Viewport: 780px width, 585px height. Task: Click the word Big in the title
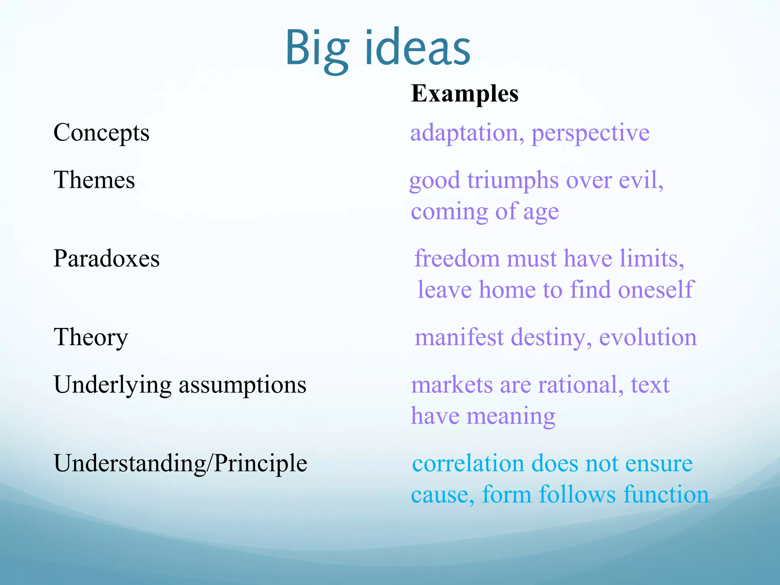click(317, 49)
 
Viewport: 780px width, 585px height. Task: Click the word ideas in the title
click(417, 49)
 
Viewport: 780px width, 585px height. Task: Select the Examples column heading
click(465, 93)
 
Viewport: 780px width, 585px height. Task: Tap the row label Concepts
click(101, 133)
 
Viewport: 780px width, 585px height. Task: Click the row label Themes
click(94, 180)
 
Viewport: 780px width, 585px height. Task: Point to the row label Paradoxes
click(106, 259)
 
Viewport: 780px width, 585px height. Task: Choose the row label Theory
click(91, 337)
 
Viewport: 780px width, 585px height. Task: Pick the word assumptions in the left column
click(243, 385)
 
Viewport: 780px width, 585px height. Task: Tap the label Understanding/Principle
click(181, 464)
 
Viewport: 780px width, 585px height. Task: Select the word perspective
click(590, 133)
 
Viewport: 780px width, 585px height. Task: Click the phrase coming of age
click(485, 211)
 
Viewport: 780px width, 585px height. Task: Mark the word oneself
click(656, 290)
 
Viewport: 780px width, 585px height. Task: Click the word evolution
click(648, 337)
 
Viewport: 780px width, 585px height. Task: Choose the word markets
click(452, 385)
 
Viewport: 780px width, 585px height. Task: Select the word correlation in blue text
click(468, 464)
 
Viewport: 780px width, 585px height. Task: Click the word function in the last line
click(666, 495)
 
